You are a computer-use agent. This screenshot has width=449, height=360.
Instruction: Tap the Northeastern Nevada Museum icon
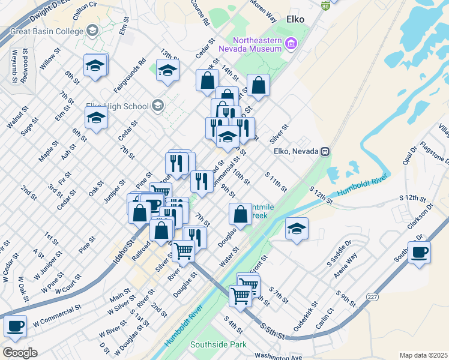pyautogui.click(x=292, y=43)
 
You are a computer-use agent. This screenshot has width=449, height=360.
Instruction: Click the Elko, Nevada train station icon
pyautogui.click(x=325, y=151)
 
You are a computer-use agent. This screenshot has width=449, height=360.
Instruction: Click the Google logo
pyautogui.click(x=20, y=352)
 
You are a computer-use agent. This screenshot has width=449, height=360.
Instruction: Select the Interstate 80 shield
pyautogui.click(x=325, y=5)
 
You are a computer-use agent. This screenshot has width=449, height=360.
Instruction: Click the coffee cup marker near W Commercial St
pyautogui.click(x=16, y=326)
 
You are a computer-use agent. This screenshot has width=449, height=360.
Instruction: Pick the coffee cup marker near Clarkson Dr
pyautogui.click(x=419, y=252)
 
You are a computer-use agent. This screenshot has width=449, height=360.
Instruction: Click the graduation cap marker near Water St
pyautogui.click(x=297, y=229)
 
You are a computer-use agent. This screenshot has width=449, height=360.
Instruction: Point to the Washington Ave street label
pyautogui.click(x=278, y=356)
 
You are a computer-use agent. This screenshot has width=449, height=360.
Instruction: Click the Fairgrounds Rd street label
pyautogui.click(x=133, y=71)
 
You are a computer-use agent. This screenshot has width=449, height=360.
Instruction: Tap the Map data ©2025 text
pyautogui.click(x=423, y=355)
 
